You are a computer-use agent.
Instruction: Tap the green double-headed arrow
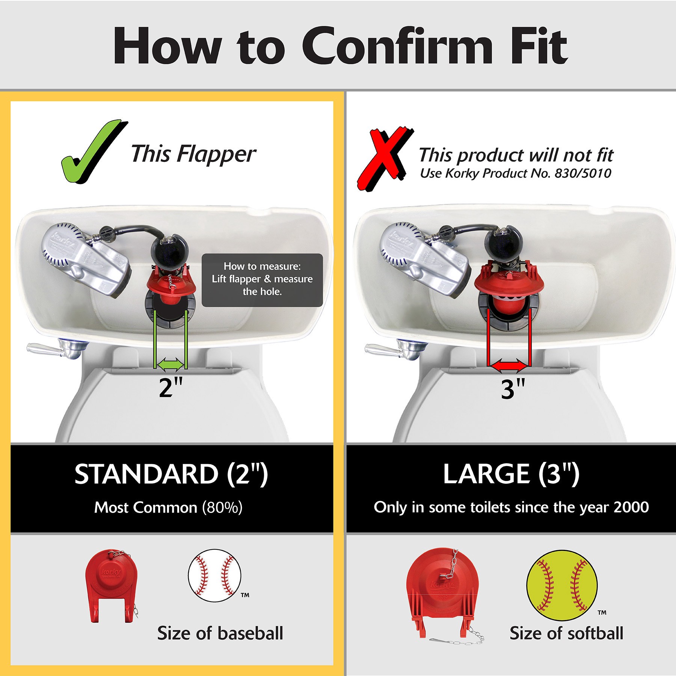[171, 364]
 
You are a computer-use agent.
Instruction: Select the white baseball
[214, 575]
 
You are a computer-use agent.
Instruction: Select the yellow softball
[561, 585]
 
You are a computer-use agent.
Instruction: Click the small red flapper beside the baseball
[112, 586]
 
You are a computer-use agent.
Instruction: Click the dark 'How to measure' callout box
[262, 280]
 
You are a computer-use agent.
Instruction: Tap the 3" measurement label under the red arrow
[513, 389]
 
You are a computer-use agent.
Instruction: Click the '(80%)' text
[222, 508]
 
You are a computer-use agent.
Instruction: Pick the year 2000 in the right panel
[631, 507]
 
